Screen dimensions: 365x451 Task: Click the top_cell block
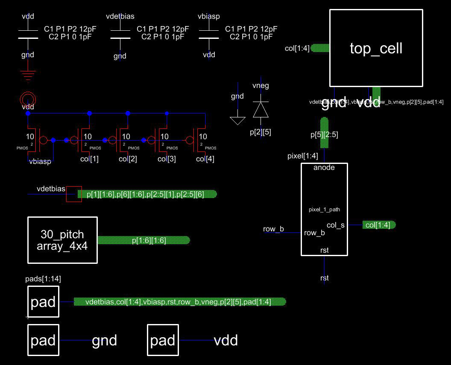376,48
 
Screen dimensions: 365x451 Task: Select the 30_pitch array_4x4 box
62,240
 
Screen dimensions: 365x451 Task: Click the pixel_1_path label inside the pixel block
324,210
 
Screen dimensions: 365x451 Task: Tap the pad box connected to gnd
43,340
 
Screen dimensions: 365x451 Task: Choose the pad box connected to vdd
163,340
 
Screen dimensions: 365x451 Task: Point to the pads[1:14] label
43,279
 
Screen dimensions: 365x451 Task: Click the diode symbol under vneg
261,110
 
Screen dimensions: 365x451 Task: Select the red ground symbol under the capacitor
28,76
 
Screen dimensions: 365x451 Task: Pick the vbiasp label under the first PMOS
40,161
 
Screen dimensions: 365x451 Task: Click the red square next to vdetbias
74,194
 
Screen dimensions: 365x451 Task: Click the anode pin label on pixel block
324,168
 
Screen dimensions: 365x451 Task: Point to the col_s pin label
335,225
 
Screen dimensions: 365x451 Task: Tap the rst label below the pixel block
324,278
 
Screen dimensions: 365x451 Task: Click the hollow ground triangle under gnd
237,120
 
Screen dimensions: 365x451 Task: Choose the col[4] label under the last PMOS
205,159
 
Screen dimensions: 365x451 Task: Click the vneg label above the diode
261,86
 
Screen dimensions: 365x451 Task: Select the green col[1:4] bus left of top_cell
320,48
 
